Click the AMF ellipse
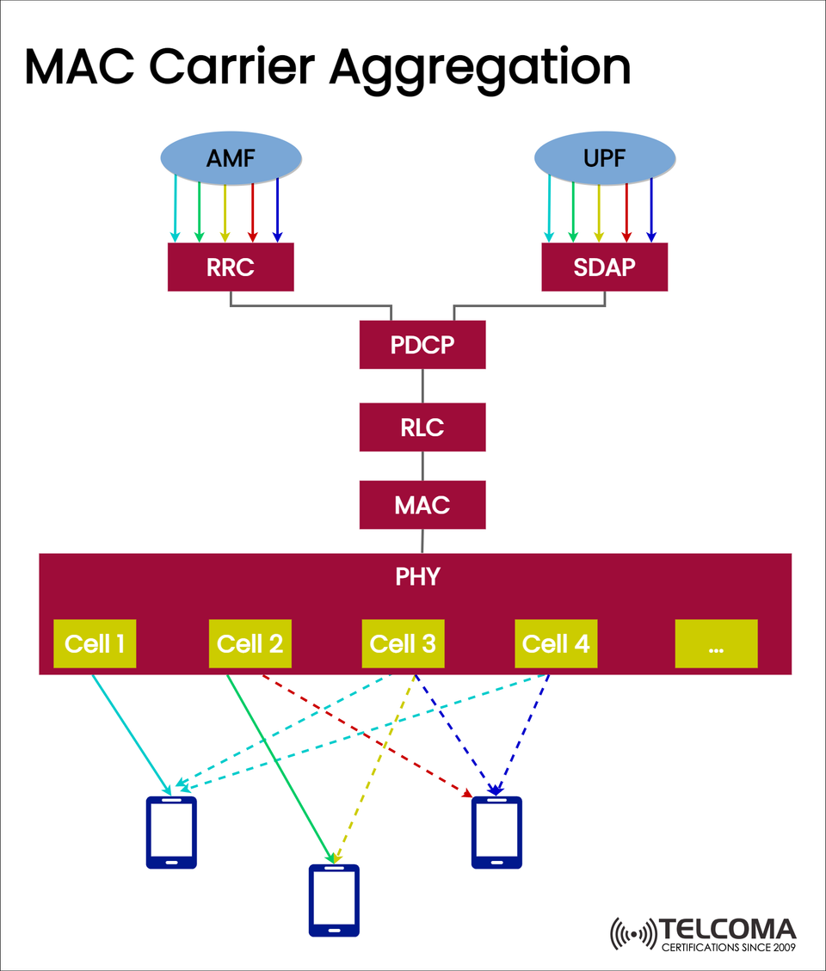coord(231,157)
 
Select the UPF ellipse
coord(604,157)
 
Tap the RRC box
coord(231,267)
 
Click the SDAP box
coord(604,267)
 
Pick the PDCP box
coord(422,344)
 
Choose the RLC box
coord(422,427)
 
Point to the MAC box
coord(422,504)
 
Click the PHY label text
coord(417,576)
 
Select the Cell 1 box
coord(95,643)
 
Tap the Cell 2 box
coord(250,643)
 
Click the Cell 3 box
coord(403,643)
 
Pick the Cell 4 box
coord(556,643)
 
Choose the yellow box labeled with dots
coord(716,643)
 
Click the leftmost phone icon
coord(171,832)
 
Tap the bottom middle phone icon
coord(334,900)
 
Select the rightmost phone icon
coord(496,832)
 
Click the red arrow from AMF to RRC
coord(252,211)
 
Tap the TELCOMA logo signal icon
coord(632,934)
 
